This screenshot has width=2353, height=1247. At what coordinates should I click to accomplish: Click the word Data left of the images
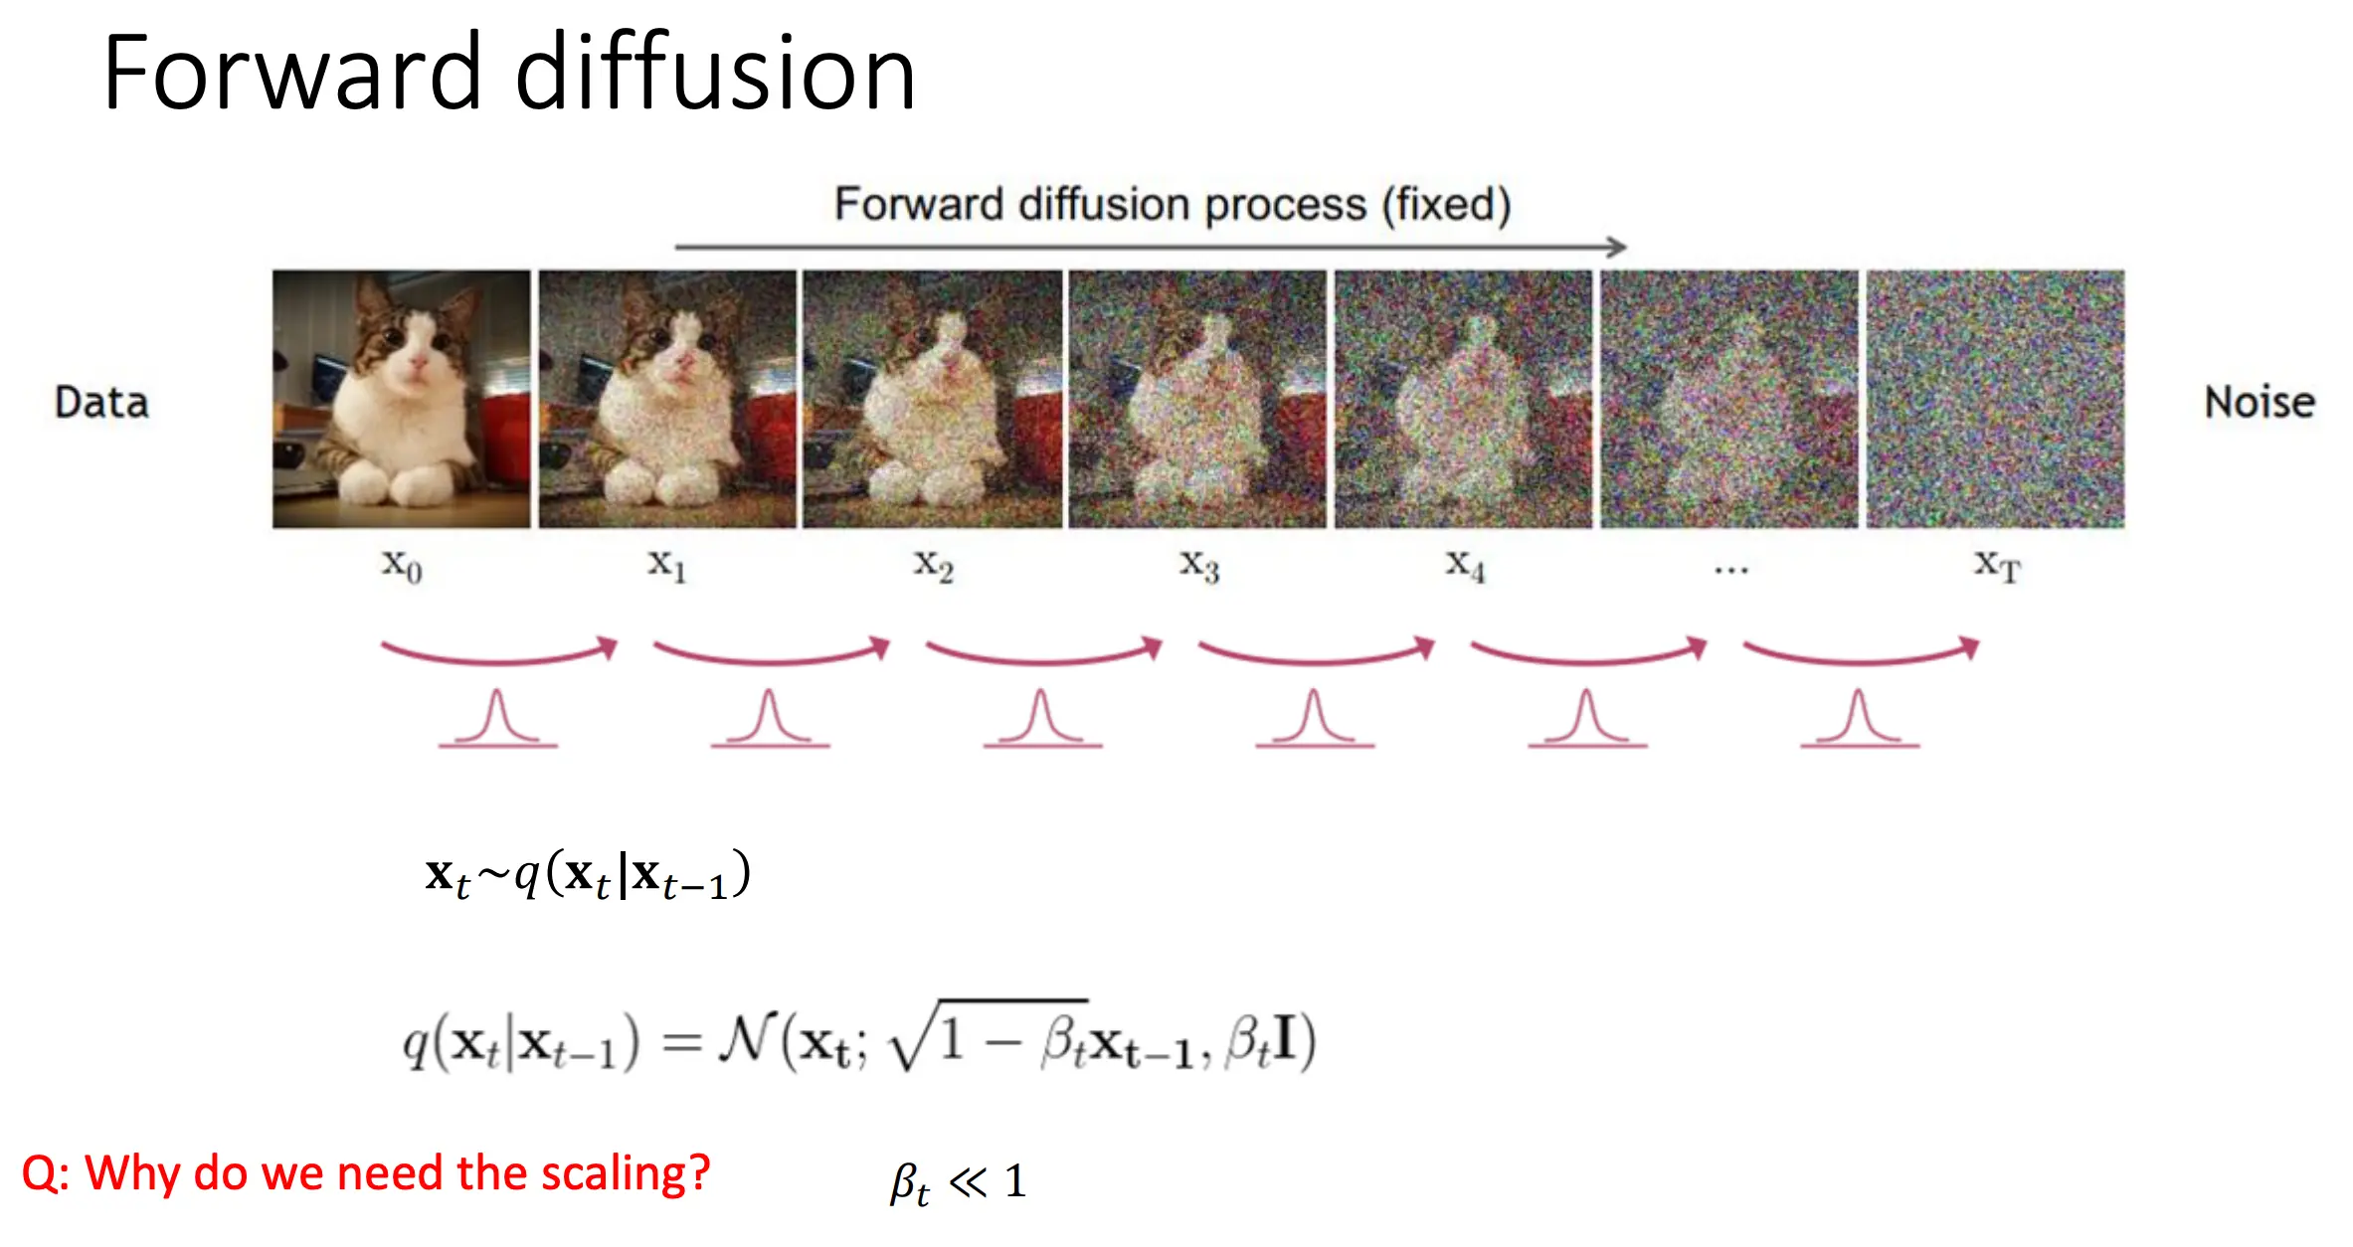click(x=101, y=403)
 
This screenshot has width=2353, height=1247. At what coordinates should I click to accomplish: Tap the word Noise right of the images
click(x=2260, y=403)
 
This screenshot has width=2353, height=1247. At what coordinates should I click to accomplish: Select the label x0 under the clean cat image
click(x=402, y=566)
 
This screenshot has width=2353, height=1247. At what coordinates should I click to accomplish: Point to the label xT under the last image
click(x=1997, y=566)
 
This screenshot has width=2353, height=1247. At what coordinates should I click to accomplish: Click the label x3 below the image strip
click(x=1199, y=566)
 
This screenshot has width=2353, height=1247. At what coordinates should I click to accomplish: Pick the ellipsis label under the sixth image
click(x=1731, y=570)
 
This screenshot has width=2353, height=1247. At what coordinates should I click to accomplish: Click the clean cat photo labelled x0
click(x=402, y=399)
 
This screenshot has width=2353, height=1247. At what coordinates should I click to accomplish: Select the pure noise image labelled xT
click(x=1995, y=399)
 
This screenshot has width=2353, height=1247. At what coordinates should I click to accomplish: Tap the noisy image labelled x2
click(x=933, y=399)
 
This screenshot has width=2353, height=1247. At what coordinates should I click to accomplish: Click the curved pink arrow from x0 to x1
click(x=499, y=659)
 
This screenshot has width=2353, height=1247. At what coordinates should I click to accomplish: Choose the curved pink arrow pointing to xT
click(x=1862, y=659)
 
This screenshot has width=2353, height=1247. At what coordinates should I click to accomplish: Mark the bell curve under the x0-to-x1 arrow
click(x=497, y=718)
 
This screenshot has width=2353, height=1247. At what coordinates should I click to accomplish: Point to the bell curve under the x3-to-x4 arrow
click(x=1315, y=718)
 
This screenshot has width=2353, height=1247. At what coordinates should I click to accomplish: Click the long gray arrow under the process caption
click(x=1151, y=246)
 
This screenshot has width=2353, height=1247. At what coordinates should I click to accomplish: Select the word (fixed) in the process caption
click(x=1447, y=205)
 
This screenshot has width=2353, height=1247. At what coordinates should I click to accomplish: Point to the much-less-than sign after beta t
click(x=968, y=1181)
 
